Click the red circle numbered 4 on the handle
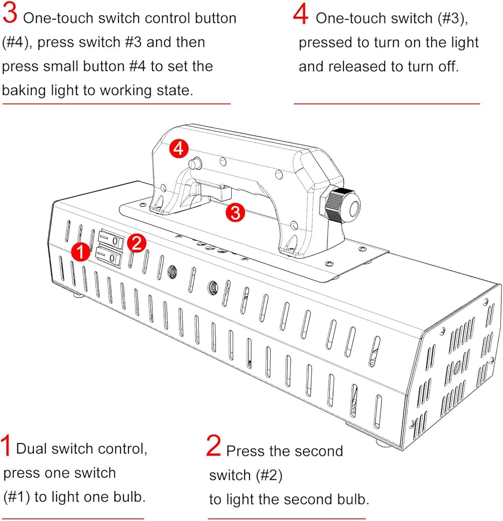point(178,149)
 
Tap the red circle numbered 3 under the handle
point(235,213)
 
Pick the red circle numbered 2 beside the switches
point(136,243)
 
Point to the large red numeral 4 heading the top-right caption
point(301,15)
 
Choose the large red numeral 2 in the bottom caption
point(214,446)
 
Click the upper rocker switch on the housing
point(110,240)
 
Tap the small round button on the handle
point(195,163)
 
